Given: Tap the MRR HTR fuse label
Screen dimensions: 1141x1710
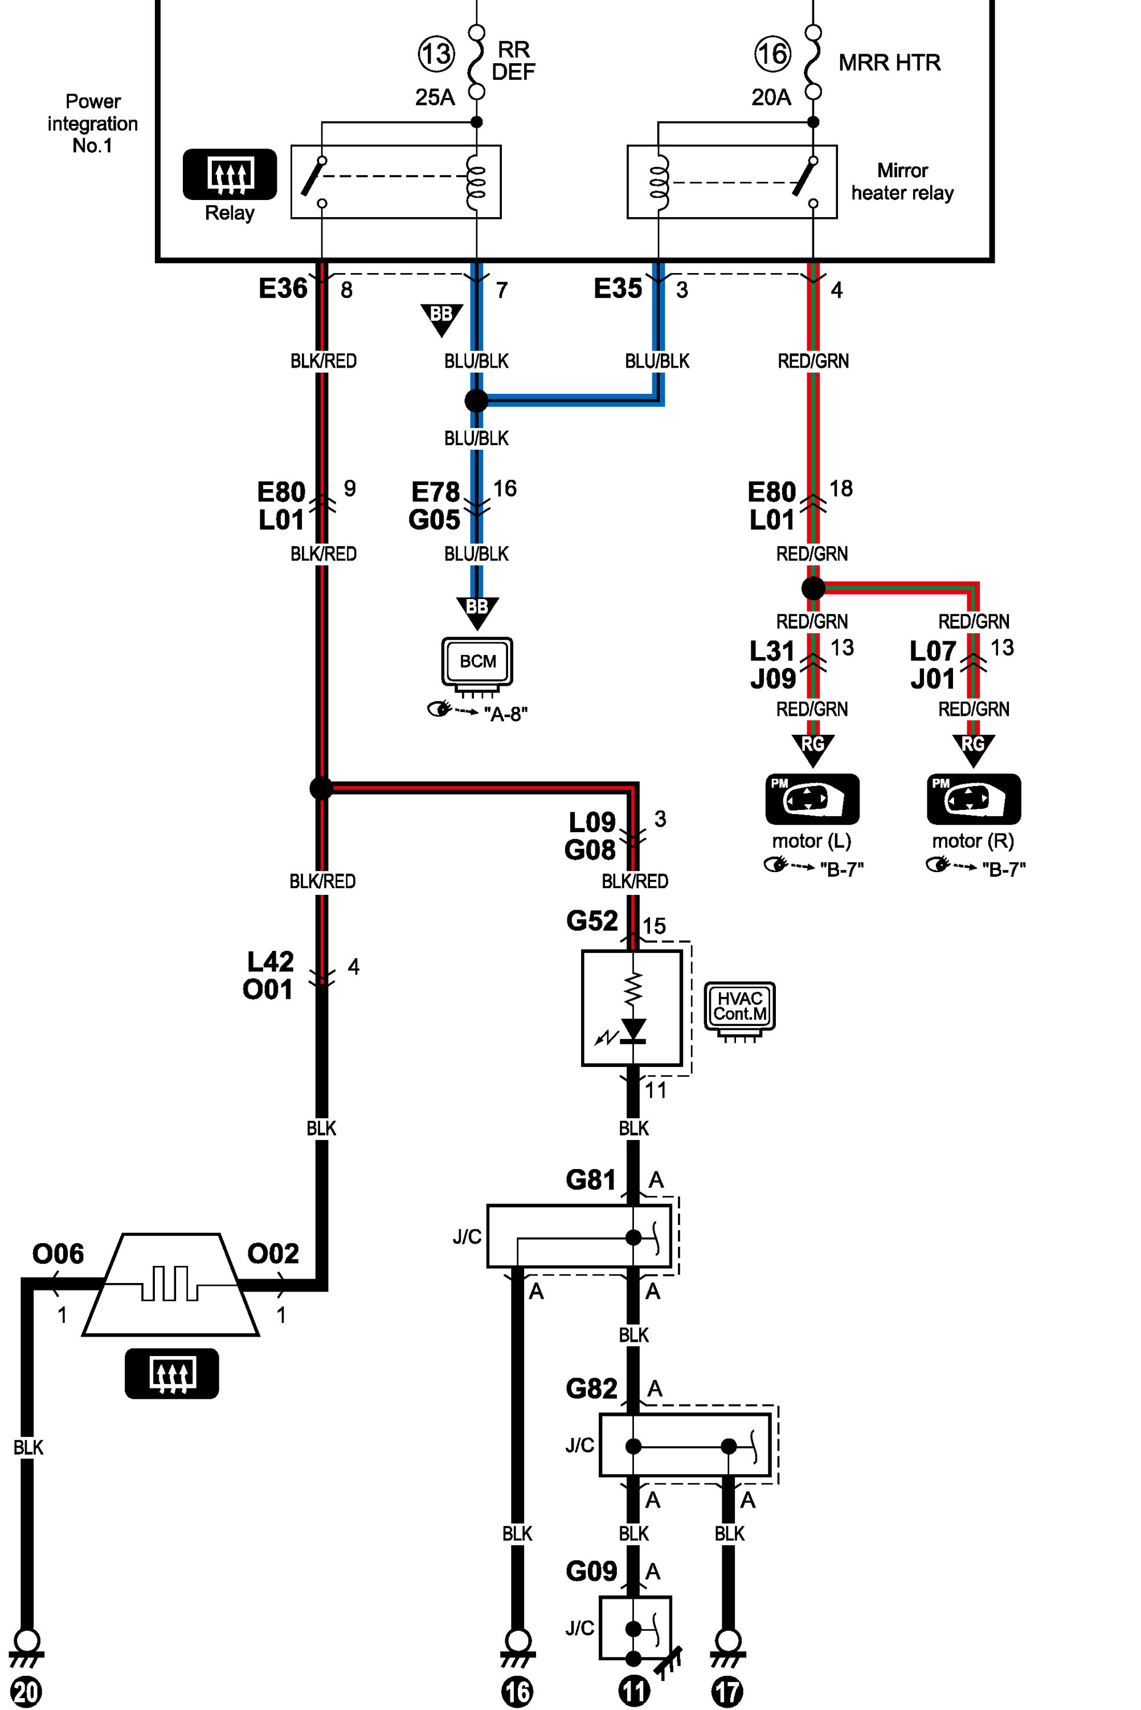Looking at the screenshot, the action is coord(889,63).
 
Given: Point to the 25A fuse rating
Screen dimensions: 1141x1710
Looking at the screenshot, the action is coord(435,97).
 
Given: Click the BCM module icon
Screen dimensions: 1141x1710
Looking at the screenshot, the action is coord(477,664).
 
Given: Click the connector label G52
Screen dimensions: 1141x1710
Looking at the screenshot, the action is coord(592,921).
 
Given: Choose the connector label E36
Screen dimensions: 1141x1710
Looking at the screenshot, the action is coord(283,288).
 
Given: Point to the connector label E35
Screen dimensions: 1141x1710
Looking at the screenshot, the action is coord(618,288).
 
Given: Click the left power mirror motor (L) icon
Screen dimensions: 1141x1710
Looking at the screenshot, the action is coord(812,799).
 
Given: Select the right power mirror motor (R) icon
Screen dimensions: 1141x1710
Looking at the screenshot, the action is coord(974,799).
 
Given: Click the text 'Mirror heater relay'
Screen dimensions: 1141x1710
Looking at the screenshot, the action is coord(902,181).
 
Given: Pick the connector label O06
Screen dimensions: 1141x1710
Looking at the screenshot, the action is coord(58,1253).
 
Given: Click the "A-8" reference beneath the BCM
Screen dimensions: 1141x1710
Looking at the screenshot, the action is coord(506,714).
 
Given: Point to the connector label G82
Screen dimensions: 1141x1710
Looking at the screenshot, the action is coord(592,1389).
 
